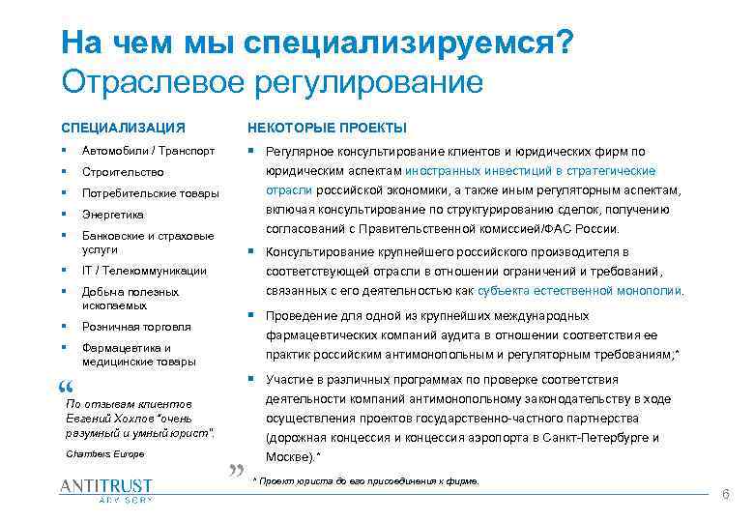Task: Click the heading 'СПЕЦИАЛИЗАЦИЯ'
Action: point(123,128)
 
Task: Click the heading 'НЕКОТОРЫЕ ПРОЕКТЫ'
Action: point(327,128)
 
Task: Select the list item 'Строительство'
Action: point(122,172)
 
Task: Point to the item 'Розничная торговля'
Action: point(136,327)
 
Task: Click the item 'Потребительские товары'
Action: point(151,193)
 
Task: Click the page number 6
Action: point(725,493)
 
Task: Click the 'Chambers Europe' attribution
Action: point(103,452)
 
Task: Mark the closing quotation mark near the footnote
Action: point(236,472)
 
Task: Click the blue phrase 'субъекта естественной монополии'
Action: point(592,290)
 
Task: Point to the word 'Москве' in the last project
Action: point(285,456)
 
